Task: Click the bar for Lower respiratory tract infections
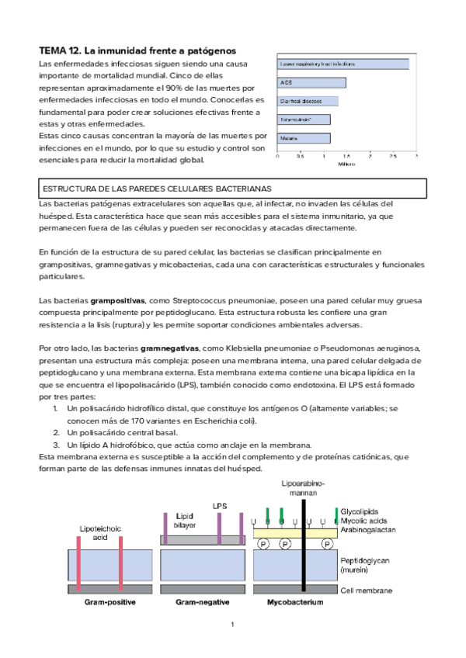pyautogui.click(x=343, y=64)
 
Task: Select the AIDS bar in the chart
pyautogui.click(x=311, y=82)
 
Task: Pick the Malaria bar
pyautogui.click(x=304, y=138)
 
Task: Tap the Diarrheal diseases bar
pyautogui.click(x=308, y=101)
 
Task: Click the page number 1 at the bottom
pyautogui.click(x=232, y=625)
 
